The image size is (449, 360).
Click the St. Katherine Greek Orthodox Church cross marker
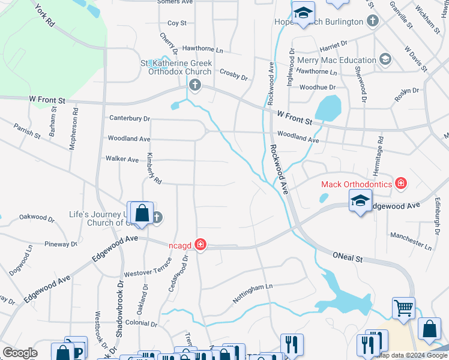194,86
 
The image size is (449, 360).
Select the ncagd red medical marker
200,245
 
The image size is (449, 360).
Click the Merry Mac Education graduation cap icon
385,59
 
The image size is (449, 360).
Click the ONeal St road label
348,257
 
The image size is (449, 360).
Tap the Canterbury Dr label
130,118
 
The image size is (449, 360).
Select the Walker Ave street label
122,159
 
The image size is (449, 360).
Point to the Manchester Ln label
411,241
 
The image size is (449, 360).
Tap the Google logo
20,353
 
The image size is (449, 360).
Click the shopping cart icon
403,308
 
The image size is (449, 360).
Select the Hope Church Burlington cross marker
373,22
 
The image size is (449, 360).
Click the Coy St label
177,23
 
